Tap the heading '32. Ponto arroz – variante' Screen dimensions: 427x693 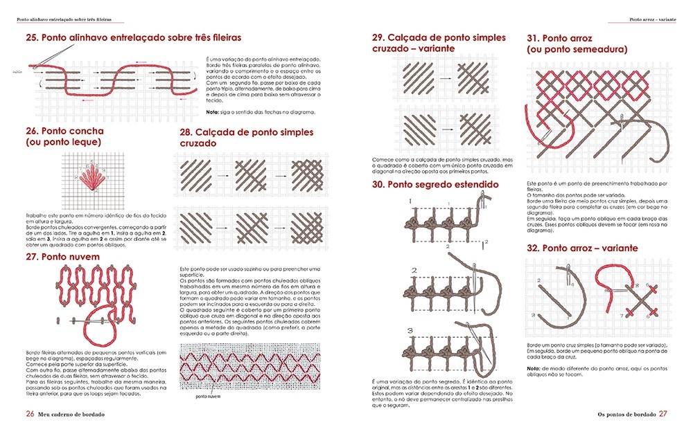pyautogui.click(x=582, y=248)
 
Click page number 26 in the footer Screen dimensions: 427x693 pyautogui.click(x=30, y=414)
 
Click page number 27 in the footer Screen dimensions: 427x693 pyautogui.click(x=663, y=414)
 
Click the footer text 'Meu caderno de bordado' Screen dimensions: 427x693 pyautogui.click(x=74, y=414)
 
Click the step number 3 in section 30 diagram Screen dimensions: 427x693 pyautogui.click(x=414, y=331)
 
